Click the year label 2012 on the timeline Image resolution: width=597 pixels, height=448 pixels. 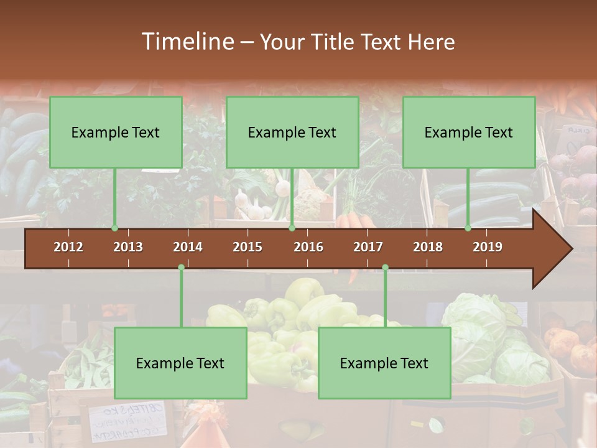tap(68, 247)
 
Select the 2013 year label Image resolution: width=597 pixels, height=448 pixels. tap(128, 247)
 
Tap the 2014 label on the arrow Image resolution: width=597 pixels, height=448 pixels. tap(188, 247)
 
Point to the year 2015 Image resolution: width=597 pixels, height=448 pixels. tap(248, 247)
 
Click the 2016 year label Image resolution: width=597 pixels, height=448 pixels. tap(308, 247)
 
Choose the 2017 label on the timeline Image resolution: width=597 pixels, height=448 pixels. tap(368, 247)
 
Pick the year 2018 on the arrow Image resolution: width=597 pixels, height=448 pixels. tap(428, 247)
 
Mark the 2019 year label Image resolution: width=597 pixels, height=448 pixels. tap(488, 247)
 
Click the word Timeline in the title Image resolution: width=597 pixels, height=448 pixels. tap(187, 42)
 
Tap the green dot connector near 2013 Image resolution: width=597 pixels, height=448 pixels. tap(114, 228)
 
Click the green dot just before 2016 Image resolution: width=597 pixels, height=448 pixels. tap(292, 228)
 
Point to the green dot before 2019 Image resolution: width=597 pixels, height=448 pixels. tap(468, 228)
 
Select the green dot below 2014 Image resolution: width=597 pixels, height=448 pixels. tap(181, 268)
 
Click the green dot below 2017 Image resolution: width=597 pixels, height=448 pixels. tap(385, 268)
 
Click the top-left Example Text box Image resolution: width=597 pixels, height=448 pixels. tap(116, 132)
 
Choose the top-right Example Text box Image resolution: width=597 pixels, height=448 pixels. tap(469, 132)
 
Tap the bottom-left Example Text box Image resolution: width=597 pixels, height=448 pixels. tap(180, 363)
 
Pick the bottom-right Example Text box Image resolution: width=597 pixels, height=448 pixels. tap(384, 363)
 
